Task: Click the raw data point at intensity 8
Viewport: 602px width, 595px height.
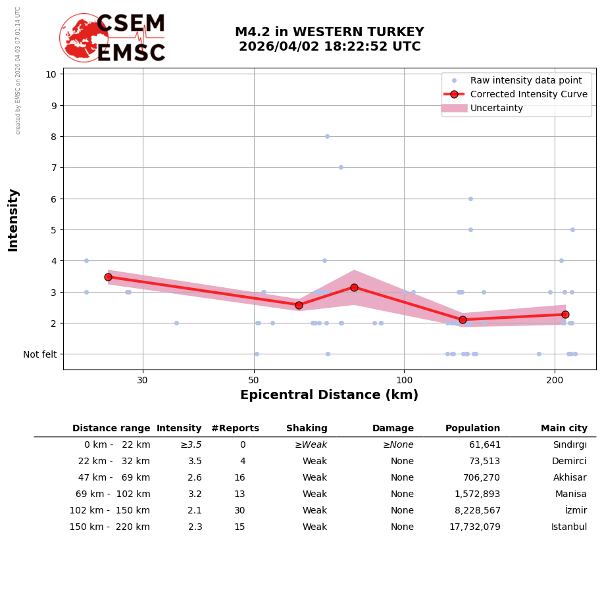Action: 327,136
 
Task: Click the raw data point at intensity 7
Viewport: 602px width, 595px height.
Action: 341,167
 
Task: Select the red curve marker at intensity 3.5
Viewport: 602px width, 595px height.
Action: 108,277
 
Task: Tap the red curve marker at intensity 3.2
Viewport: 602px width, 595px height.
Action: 354,287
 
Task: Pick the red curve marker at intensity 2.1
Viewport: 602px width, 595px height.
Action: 463,320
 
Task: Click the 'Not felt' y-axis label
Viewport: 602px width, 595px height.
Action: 40,354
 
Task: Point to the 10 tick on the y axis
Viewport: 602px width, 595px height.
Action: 51,74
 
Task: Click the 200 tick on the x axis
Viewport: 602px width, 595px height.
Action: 555,380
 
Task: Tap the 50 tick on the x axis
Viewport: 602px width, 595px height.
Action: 254,380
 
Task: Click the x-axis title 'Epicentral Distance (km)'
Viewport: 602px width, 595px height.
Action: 329,395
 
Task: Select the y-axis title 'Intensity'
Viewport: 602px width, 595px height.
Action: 14,220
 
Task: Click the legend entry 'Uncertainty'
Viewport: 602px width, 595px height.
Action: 497,108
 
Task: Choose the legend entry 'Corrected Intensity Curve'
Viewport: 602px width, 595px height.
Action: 528,94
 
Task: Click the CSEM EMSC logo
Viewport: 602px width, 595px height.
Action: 113,38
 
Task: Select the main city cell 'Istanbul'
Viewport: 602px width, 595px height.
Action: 570,527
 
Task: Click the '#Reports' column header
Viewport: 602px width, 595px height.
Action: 235,428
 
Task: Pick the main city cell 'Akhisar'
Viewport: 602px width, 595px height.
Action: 570,477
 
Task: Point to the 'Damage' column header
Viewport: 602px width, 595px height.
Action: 393,428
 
